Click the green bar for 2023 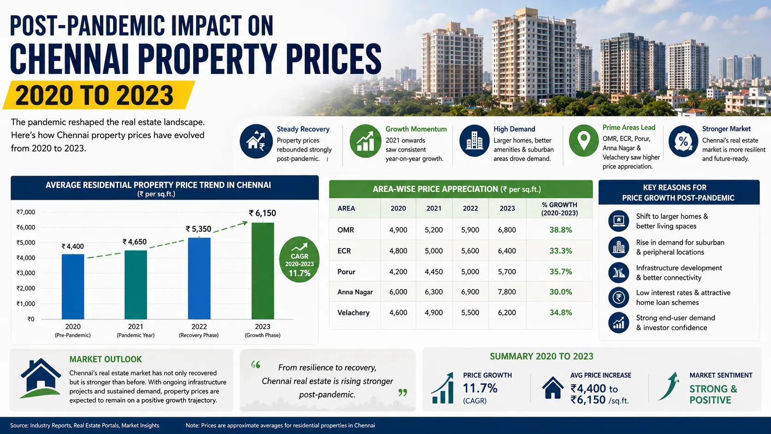click(x=263, y=271)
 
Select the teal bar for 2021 click(x=136, y=285)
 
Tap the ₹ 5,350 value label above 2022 click(x=198, y=229)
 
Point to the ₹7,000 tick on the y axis click(x=26, y=212)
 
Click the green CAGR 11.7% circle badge click(x=299, y=260)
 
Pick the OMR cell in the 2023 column click(x=507, y=230)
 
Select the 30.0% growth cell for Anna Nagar click(x=561, y=292)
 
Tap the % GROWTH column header click(x=560, y=209)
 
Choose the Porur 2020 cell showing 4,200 click(x=398, y=272)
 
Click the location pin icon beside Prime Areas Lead click(x=584, y=141)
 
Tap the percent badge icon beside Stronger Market click(x=683, y=141)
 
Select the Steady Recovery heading click(x=303, y=129)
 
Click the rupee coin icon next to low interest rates click(x=618, y=297)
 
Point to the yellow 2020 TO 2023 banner click(x=99, y=95)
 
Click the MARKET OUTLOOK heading click(x=105, y=359)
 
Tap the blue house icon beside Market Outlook click(x=41, y=378)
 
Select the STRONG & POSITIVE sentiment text click(x=713, y=394)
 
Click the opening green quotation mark click(x=256, y=364)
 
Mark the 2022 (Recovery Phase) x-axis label click(x=199, y=330)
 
